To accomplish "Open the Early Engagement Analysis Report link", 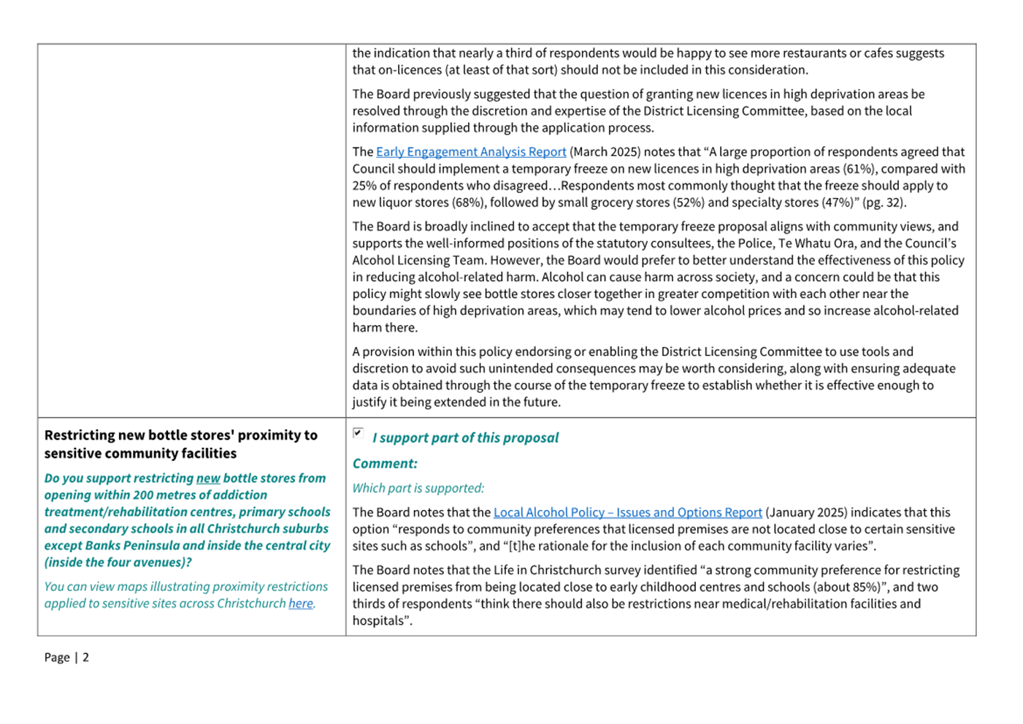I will coord(471,152).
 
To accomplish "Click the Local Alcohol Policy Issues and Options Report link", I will coord(627,513).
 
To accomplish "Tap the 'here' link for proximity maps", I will coord(300,603).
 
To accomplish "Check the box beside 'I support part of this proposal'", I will coord(358,433).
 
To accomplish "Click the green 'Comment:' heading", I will coord(385,464).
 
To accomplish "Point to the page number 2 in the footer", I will coord(85,658).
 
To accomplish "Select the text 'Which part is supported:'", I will coord(418,488).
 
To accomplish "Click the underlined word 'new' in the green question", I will coord(208,479).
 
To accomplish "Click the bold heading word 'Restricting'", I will coord(79,435).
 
